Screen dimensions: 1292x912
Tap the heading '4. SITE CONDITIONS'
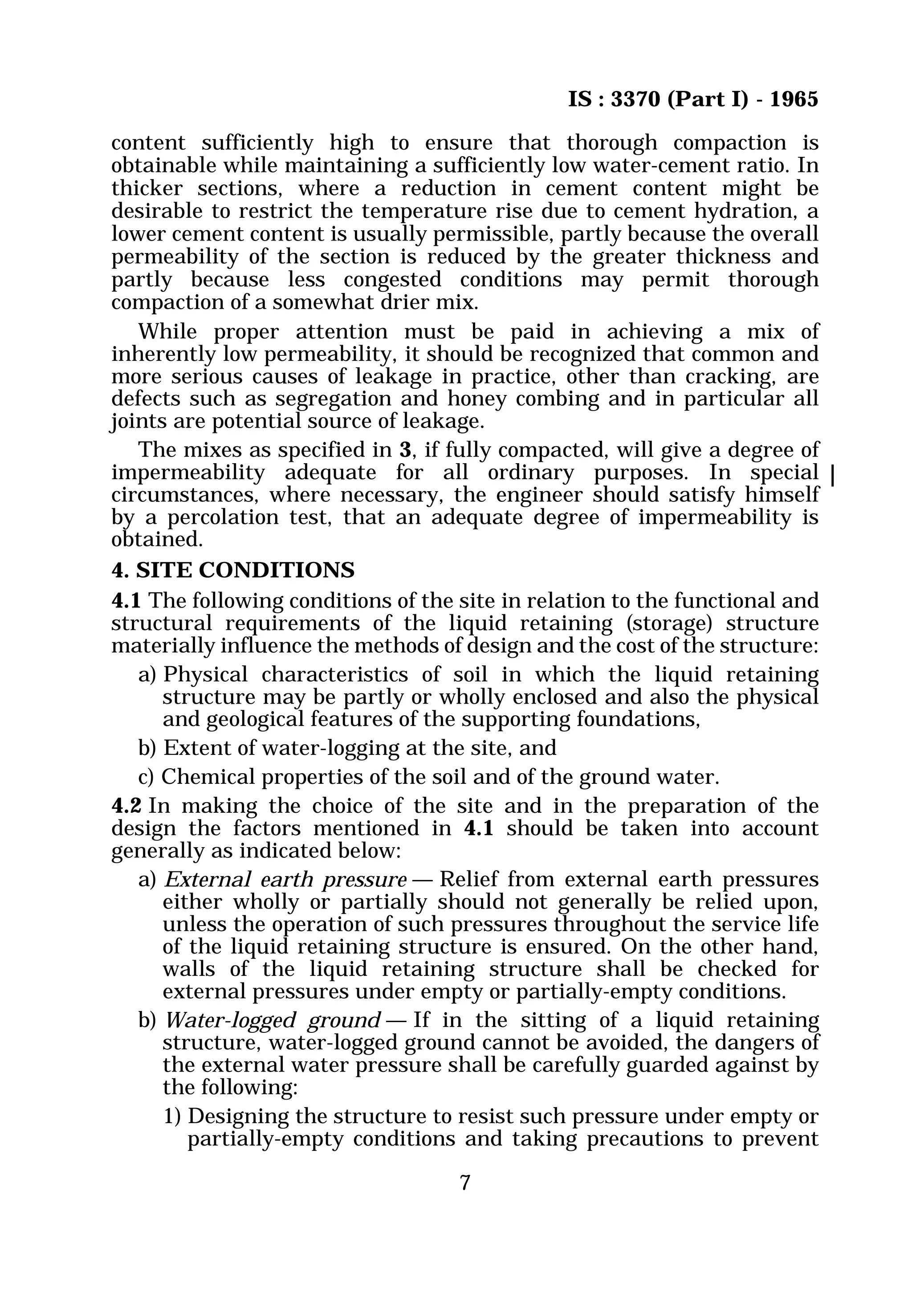(233, 570)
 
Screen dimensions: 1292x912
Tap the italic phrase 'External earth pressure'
(285, 879)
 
